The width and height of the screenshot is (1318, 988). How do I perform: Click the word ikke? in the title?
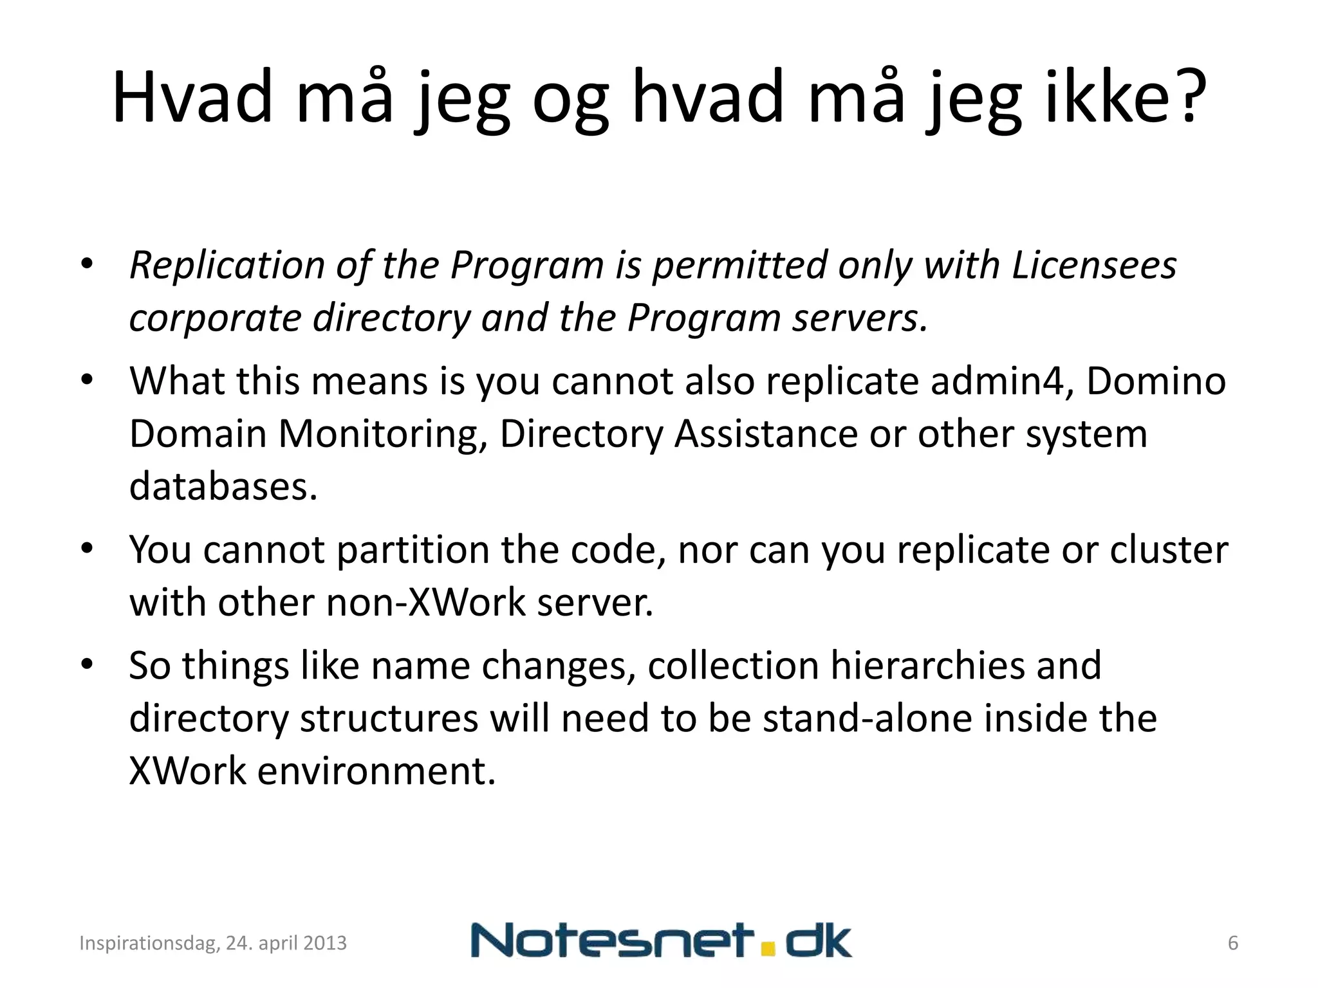pos(1125,98)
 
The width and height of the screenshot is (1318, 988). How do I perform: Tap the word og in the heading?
pos(570,103)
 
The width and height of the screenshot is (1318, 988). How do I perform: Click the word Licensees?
pos(1094,265)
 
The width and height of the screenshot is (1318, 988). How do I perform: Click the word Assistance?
pos(766,434)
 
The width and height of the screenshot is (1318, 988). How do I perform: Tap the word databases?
pos(223,486)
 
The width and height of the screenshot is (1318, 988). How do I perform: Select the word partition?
pos(413,551)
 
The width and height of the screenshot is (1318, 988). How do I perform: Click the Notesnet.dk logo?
pos(661,940)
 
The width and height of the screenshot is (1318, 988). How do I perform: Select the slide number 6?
pos(1233,943)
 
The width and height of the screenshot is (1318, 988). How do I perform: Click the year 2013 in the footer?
pos(324,943)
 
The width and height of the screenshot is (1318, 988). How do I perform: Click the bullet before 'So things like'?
pos(88,663)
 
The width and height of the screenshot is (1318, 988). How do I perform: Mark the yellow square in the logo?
pos(766,949)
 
